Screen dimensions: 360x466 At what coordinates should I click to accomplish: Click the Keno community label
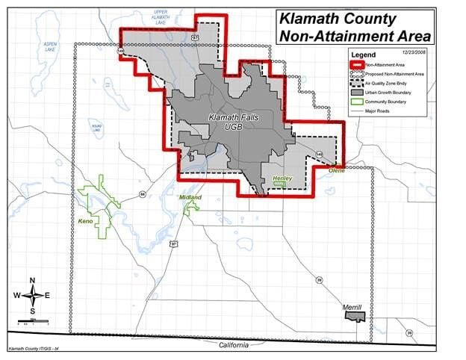point(85,222)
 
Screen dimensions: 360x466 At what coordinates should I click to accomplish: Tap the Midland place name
point(190,197)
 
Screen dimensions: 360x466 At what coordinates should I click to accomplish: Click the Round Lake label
point(96,128)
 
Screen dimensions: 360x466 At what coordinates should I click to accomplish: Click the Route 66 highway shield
point(142,195)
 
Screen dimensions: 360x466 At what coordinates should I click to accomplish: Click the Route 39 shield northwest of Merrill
point(319,280)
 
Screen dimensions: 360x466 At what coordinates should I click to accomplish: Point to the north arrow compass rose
point(33,295)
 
